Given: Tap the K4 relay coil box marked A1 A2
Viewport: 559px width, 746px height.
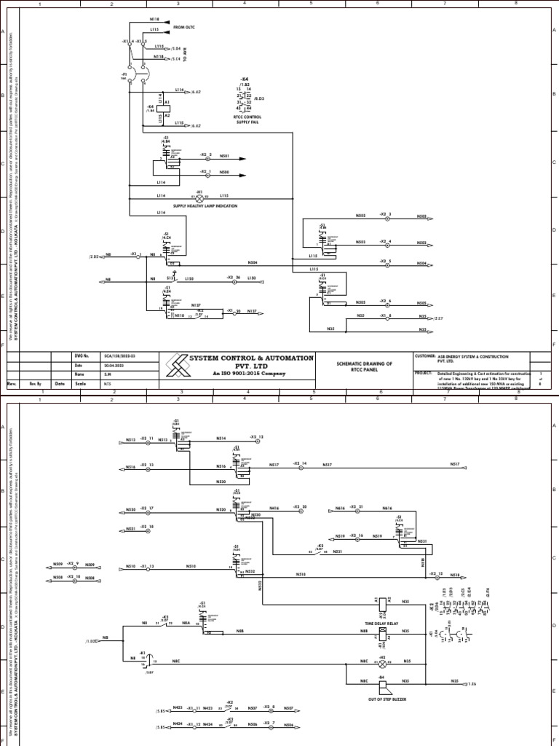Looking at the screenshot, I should tap(167, 109).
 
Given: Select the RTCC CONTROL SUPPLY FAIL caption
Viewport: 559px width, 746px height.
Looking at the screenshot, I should tap(247, 119).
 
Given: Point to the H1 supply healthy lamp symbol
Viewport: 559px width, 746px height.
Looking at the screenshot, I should tap(199, 196).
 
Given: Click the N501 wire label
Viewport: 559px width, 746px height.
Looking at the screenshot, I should tap(225, 156).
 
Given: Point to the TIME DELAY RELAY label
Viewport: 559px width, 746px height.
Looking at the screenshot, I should tap(382, 624).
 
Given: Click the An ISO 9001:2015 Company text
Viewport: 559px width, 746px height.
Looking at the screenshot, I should tap(240, 373).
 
